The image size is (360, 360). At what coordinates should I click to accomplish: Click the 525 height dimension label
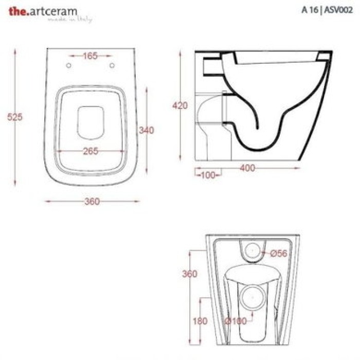[15, 117]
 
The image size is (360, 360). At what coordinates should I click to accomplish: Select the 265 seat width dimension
[90, 151]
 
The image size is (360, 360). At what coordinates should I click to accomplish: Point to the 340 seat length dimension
[147, 131]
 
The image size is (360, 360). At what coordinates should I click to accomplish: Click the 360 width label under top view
[92, 202]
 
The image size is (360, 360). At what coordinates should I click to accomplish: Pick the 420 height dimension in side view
[180, 106]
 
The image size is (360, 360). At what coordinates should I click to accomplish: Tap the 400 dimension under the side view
[247, 168]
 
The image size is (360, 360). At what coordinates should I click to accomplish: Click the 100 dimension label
[208, 175]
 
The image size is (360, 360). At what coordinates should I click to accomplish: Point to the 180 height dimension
[200, 321]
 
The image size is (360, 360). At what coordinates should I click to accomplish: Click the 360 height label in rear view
[190, 274]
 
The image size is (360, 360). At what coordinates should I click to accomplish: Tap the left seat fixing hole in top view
[69, 65]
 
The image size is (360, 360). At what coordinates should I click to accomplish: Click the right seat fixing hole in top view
[112, 65]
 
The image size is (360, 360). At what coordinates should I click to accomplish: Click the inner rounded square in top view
[91, 122]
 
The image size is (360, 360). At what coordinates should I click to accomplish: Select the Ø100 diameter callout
[236, 321]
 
